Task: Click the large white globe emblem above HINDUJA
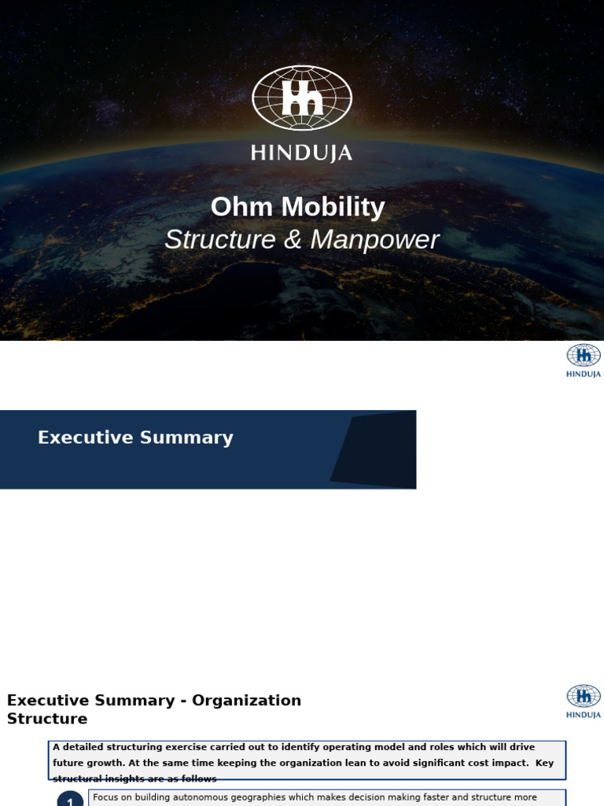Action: coord(302,98)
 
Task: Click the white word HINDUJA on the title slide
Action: coord(302,153)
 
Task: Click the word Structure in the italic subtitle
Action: coord(220,240)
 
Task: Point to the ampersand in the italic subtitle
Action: coord(293,240)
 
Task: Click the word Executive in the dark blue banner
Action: coord(84,438)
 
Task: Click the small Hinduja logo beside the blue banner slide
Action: coord(584,360)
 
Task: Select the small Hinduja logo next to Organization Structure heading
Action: coord(584,701)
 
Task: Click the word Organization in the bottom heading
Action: coord(249,701)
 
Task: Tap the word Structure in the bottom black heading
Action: coord(47,719)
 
